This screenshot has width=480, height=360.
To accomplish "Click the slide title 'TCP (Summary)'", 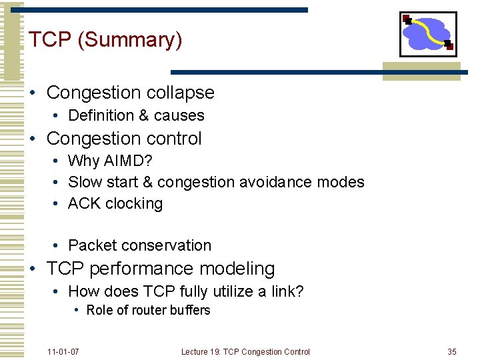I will [x=105, y=40].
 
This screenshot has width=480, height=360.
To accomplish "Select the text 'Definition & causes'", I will [x=136, y=115].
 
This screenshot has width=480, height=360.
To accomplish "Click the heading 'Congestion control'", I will [x=124, y=139].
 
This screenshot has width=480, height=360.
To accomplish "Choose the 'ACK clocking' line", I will [x=115, y=203].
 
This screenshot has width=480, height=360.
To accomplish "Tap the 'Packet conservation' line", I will [x=139, y=245].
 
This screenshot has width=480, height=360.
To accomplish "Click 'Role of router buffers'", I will [x=148, y=310].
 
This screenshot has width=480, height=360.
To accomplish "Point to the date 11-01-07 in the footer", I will [x=63, y=351].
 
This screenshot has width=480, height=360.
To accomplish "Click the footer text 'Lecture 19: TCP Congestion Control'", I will [x=245, y=351].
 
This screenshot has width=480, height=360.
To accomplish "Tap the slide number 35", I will [x=452, y=351].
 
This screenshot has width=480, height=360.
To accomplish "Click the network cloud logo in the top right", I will [x=427, y=33].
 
